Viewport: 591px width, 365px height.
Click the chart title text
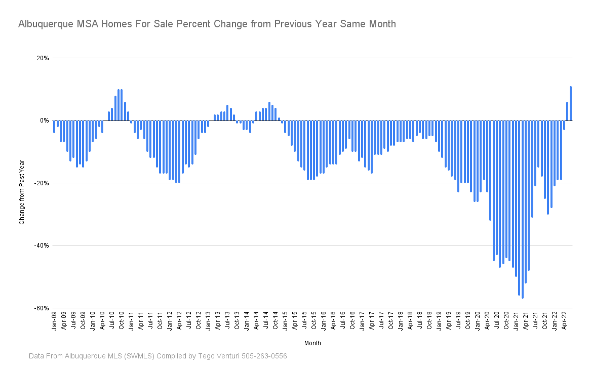(x=207, y=24)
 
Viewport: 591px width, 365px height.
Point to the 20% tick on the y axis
(x=42, y=58)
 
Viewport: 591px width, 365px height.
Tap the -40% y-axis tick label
(x=41, y=246)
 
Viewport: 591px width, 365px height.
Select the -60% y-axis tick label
(x=41, y=308)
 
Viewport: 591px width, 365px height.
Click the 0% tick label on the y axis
(x=44, y=120)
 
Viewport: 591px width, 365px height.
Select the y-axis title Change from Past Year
(x=22, y=192)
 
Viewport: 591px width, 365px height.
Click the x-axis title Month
(x=312, y=343)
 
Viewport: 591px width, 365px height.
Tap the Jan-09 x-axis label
(x=54, y=321)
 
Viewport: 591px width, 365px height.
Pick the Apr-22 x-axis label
(x=565, y=321)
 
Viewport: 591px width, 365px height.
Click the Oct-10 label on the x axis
(x=122, y=321)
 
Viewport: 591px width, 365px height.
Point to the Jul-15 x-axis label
(x=304, y=321)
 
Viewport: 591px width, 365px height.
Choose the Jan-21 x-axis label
(x=517, y=321)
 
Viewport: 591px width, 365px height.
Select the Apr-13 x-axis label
(x=218, y=321)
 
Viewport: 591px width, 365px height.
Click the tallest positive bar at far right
(x=571, y=104)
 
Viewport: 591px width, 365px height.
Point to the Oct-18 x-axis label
(x=429, y=321)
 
